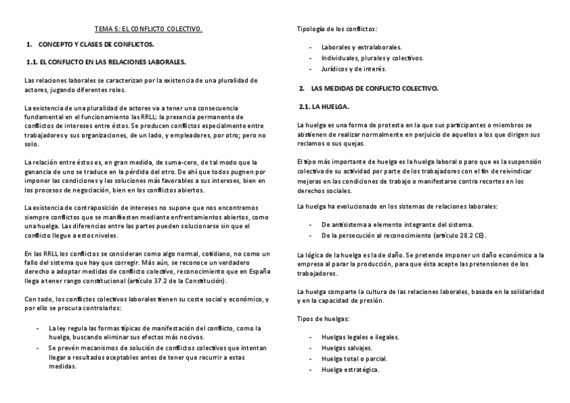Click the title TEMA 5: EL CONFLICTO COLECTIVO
click(x=148, y=29)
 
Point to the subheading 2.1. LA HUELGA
click(x=324, y=106)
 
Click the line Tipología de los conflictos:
click(x=337, y=29)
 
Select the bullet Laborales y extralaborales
click(x=362, y=48)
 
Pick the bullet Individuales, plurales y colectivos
click(x=372, y=59)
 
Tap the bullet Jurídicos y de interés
click(x=354, y=69)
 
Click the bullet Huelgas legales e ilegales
click(x=360, y=337)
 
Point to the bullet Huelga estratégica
click(x=351, y=369)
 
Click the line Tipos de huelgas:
click(x=323, y=318)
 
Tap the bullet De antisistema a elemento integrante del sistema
click(x=397, y=225)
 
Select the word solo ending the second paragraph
click(x=31, y=144)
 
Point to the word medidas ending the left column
click(x=63, y=367)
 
